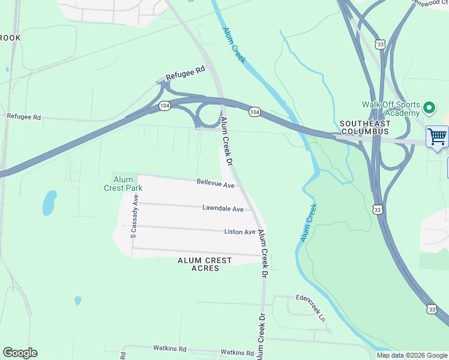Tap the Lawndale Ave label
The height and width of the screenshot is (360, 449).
223,209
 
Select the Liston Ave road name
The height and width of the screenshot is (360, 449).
240,232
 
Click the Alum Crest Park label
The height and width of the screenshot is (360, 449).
127,183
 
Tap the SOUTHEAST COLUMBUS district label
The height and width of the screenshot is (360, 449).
364,127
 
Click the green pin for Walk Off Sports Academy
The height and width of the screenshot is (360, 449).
429,108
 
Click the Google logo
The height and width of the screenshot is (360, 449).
20,353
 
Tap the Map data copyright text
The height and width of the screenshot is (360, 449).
412,355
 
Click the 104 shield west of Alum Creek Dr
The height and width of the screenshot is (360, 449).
164,106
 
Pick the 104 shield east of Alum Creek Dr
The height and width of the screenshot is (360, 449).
255,112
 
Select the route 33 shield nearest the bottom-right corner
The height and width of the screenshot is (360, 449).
432,309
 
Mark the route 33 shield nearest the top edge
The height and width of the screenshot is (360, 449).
379,44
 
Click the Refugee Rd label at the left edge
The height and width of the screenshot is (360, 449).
23,117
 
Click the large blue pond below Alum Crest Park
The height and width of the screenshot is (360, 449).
49,203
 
